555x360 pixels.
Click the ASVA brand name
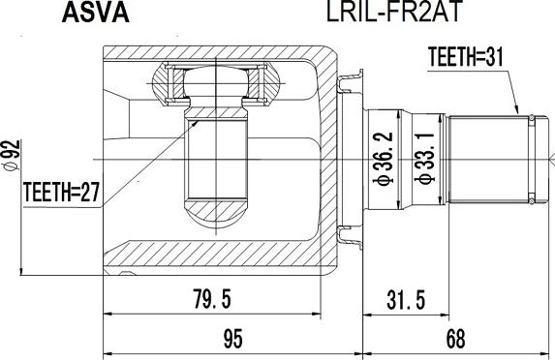(96, 14)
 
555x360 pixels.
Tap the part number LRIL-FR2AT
(394, 12)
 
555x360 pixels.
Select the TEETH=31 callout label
(465, 56)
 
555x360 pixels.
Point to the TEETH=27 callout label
(61, 192)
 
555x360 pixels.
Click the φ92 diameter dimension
(13, 156)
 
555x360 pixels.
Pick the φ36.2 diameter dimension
(384, 158)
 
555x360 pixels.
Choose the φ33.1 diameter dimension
(425, 158)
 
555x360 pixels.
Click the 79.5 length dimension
(212, 299)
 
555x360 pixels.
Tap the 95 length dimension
(233, 339)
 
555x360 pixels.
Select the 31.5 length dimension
(406, 300)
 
